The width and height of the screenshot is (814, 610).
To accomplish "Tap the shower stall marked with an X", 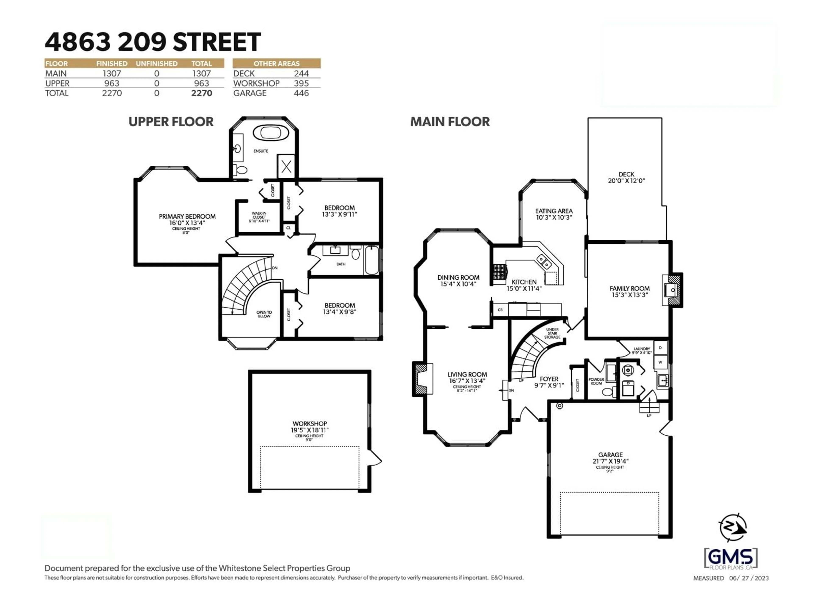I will (x=286, y=167).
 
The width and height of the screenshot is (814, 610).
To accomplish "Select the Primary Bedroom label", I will (x=187, y=216).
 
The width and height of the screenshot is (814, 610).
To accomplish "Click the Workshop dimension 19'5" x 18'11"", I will (x=309, y=430).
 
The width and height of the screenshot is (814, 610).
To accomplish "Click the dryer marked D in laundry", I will (x=660, y=348).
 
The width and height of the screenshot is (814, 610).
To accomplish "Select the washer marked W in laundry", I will (x=660, y=362).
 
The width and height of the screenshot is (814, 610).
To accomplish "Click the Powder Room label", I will (x=596, y=381).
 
